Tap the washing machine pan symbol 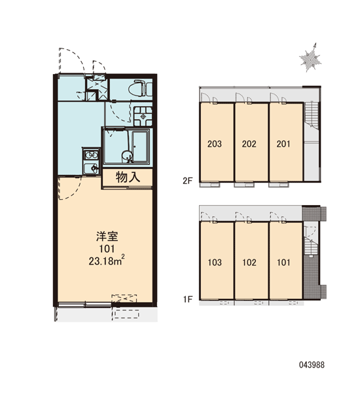point(143,117)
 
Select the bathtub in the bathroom point(141,146)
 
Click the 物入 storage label point(128,178)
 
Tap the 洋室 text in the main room point(107,236)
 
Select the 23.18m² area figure point(107,261)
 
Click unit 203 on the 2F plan point(215,144)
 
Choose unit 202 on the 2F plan point(249,144)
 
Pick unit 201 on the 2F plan point(283,144)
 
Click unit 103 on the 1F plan point(215,263)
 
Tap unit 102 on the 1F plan point(249,263)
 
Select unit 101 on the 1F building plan point(283,263)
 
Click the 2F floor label point(188,181)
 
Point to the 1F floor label point(188,299)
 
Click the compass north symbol point(310,58)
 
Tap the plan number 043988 point(312,365)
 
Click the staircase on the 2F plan point(312,115)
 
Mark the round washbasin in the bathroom point(127,157)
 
